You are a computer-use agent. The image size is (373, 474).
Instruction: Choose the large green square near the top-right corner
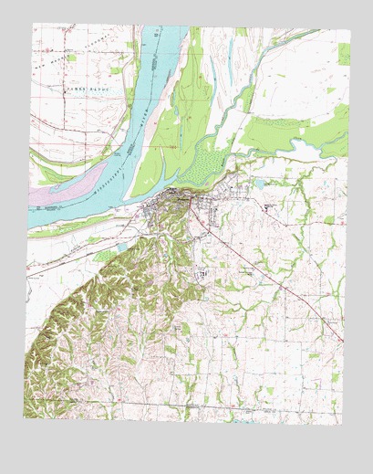344,54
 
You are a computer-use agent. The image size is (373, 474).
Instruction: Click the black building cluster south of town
202,274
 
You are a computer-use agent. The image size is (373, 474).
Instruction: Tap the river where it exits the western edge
29,219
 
